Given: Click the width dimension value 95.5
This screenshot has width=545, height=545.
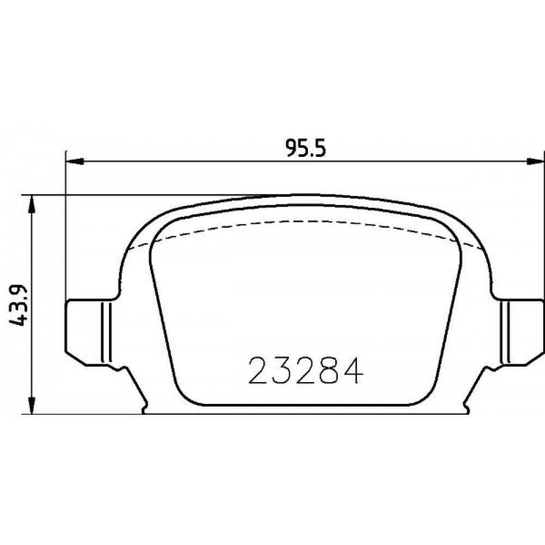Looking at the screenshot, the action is (306, 148).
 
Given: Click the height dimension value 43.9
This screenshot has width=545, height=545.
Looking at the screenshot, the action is (18, 305).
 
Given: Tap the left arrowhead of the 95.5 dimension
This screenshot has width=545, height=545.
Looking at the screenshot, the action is (75, 161).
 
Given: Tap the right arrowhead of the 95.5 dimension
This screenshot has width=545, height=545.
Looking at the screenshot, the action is (535, 161).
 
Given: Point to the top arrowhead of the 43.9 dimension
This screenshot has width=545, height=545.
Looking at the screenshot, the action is (31, 204).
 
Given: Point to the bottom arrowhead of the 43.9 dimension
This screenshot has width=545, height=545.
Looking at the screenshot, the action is (31, 405).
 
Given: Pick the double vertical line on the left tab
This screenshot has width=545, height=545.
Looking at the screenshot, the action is (106, 332).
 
